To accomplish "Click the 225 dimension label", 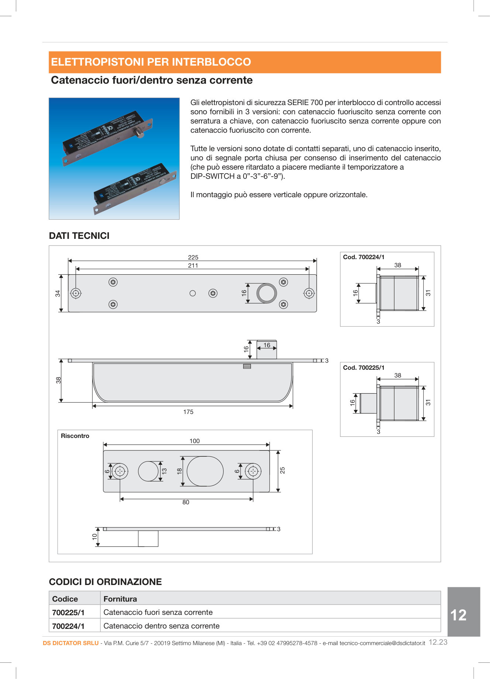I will (x=193, y=257).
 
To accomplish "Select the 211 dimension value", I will (x=193, y=265).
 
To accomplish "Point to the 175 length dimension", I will (x=188, y=412).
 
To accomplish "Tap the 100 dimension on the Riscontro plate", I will (x=194, y=441).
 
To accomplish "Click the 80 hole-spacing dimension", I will (x=186, y=502).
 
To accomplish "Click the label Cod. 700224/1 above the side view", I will (x=363, y=257).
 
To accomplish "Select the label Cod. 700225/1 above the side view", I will (x=363, y=368).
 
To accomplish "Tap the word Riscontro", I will (x=75, y=436).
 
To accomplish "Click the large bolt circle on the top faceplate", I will (x=266, y=293).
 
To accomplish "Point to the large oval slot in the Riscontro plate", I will (x=205, y=471).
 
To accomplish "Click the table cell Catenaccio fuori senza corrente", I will (x=158, y=612).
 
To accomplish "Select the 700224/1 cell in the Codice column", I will (x=68, y=626).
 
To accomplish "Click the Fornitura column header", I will (x=120, y=599).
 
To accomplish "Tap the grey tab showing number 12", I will (x=459, y=615).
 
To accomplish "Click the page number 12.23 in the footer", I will (x=438, y=642).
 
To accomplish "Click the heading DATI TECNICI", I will (x=79, y=236).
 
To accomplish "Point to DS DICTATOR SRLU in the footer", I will (x=70, y=643).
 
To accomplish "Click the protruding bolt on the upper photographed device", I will (x=139, y=132).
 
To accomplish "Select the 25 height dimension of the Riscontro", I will (x=282, y=470).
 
